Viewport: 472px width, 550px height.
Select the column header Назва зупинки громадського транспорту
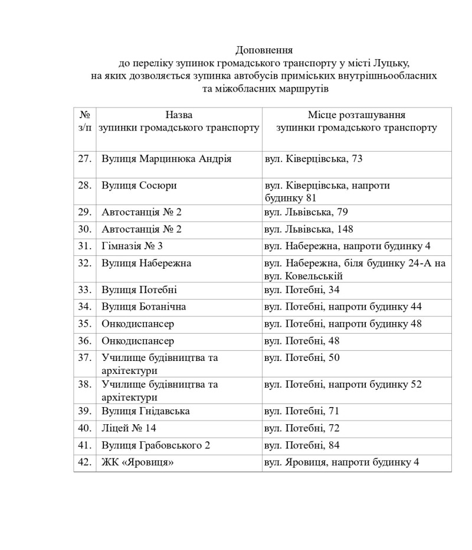[x=179, y=121]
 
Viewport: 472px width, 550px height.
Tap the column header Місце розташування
[x=356, y=115]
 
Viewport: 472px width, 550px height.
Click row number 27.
[x=84, y=158]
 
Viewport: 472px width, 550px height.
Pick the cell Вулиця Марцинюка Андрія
[x=166, y=158]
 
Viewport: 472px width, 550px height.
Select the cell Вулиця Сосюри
[x=139, y=185]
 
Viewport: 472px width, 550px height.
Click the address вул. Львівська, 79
[x=309, y=212]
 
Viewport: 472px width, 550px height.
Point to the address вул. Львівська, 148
[x=312, y=229]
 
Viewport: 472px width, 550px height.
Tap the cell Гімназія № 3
[x=132, y=246]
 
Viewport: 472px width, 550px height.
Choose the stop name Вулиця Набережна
[x=146, y=263]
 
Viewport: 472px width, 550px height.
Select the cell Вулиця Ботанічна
[x=144, y=307]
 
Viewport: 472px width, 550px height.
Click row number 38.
[x=84, y=385]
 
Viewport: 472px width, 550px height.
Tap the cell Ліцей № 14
[x=129, y=428]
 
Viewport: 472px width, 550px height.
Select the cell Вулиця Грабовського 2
[x=156, y=445]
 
